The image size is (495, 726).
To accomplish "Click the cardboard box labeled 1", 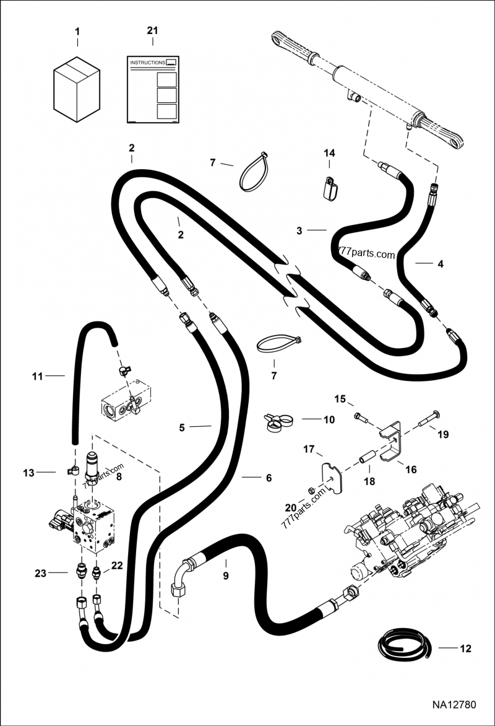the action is pyautogui.click(x=77, y=89).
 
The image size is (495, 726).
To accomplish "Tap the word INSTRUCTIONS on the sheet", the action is pyautogui.click(x=148, y=63).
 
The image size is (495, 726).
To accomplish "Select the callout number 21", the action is pyautogui.click(x=152, y=30).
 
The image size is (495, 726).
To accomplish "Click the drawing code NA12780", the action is pyautogui.click(x=454, y=705).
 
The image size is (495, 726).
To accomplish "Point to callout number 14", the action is pyautogui.click(x=329, y=153).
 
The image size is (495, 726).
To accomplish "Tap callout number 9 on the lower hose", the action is pyautogui.click(x=226, y=576).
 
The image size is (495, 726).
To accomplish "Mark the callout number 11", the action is pyautogui.click(x=38, y=377).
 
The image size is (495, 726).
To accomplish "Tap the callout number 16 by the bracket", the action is pyautogui.click(x=411, y=470).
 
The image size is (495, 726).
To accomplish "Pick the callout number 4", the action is pyautogui.click(x=441, y=264).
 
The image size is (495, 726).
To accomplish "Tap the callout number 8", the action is pyautogui.click(x=119, y=476).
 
